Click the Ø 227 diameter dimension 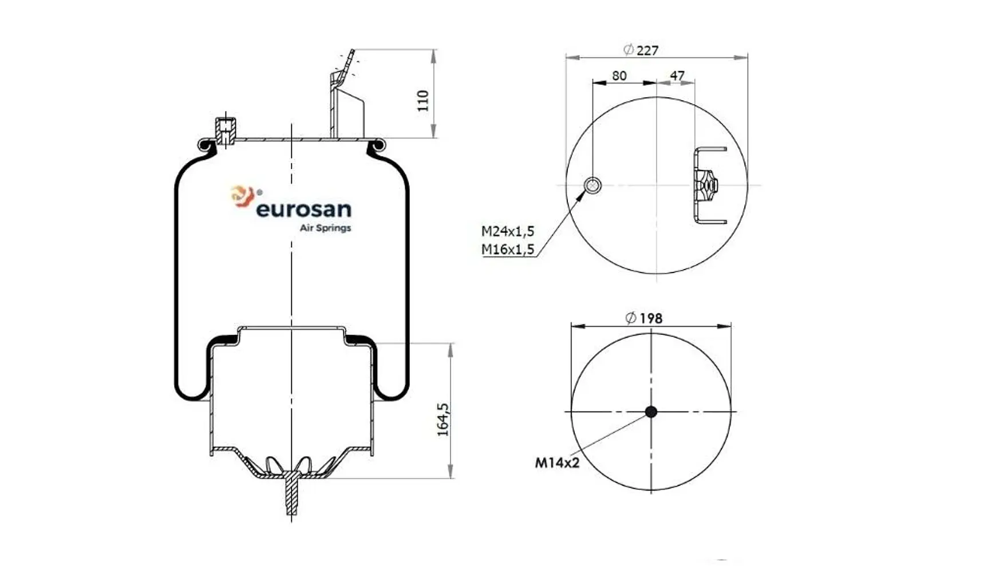click(x=641, y=50)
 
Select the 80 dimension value click(x=619, y=76)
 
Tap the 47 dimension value click(x=677, y=76)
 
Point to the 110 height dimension click(x=423, y=101)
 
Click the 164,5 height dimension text click(x=443, y=419)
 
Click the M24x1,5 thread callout click(x=507, y=231)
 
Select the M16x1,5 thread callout click(x=507, y=250)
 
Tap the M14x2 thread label click(x=557, y=462)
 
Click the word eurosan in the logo click(x=303, y=209)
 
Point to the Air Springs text click(x=325, y=228)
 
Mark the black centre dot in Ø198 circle click(x=651, y=411)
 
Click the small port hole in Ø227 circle click(x=593, y=185)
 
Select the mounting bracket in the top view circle click(x=709, y=185)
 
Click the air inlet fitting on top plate click(x=224, y=130)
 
